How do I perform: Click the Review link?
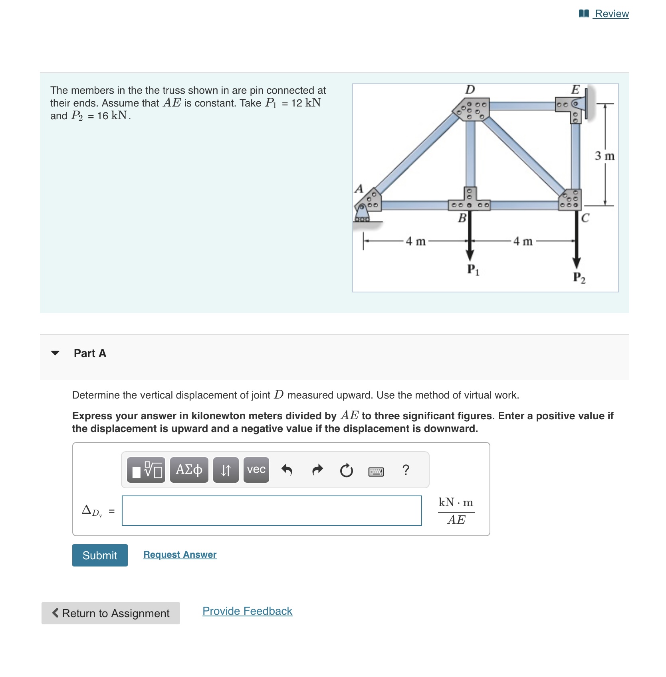tap(611, 14)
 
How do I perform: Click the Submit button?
tap(100, 555)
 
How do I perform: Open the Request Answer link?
tap(180, 555)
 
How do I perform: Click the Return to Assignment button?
tap(111, 613)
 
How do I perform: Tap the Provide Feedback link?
tap(247, 611)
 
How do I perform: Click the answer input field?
tap(272, 511)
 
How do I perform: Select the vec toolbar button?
tap(256, 470)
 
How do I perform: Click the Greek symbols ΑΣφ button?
tap(189, 470)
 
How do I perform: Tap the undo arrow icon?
tap(287, 470)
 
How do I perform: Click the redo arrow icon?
tap(317, 470)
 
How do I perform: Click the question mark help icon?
tap(406, 470)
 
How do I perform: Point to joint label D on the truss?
tap(470, 89)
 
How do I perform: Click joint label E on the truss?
tap(575, 89)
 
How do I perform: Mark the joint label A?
tap(359, 188)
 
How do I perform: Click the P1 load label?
tap(473, 270)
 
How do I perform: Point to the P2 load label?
tap(579, 278)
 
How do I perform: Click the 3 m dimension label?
tap(605, 156)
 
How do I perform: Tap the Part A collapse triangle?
tap(55, 353)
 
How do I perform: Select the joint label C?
tap(585, 218)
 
